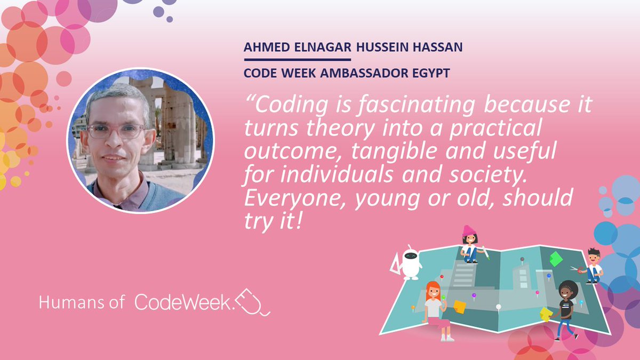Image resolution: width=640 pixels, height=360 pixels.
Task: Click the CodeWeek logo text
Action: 185,302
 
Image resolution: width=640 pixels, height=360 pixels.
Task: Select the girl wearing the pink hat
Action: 470,244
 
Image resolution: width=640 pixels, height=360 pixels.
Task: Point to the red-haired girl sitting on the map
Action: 435,309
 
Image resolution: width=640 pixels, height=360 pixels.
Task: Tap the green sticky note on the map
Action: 556,259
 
